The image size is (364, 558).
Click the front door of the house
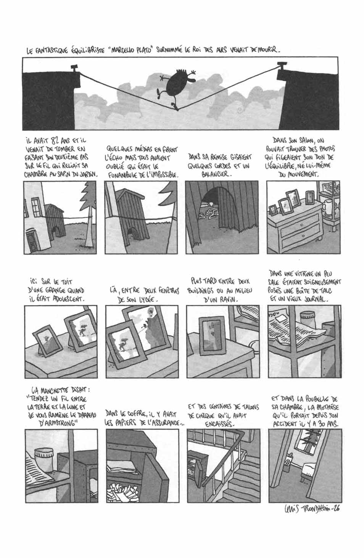pos(32,241)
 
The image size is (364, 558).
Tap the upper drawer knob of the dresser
pos(301,225)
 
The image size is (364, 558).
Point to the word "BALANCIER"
pos(216,174)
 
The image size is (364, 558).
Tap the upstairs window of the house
pos(36,206)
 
